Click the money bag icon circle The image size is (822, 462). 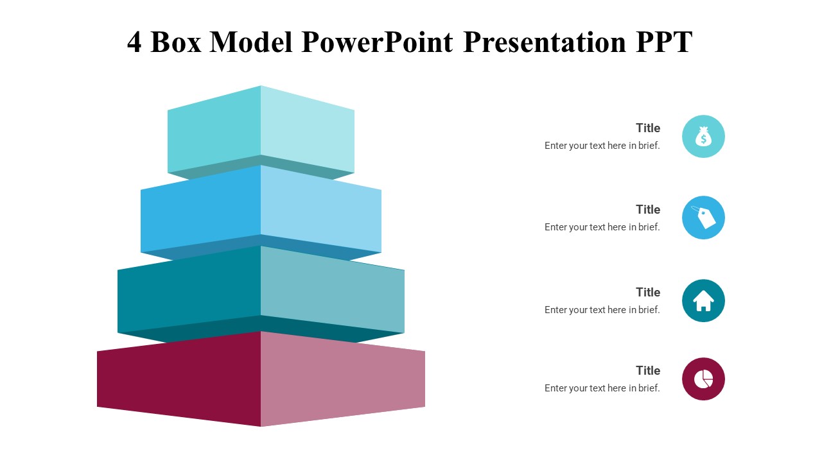(703, 137)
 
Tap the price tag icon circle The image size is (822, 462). (703, 218)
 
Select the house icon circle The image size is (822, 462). (703, 300)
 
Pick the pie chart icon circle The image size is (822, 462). (703, 379)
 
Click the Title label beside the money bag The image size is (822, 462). (647, 128)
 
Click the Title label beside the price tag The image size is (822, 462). (647, 209)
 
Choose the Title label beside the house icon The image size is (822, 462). (647, 292)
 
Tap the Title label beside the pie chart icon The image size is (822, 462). (647, 370)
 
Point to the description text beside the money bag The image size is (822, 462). (602, 146)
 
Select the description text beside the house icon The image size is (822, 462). (602, 310)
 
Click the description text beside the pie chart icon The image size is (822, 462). (602, 388)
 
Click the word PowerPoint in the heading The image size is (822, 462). (376, 42)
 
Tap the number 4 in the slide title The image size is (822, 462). (134, 42)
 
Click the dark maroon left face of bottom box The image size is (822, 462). (180, 379)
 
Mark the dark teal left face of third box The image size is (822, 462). (189, 292)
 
